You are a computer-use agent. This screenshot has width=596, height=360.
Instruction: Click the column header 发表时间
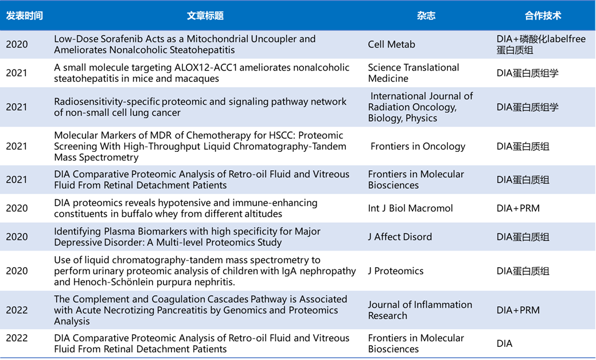24,15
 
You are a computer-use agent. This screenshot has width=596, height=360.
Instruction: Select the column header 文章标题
205,15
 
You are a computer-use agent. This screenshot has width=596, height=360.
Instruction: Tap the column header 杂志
426,15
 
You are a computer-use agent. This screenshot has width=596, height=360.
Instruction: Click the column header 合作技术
543,15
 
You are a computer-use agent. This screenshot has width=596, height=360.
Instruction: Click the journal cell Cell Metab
391,45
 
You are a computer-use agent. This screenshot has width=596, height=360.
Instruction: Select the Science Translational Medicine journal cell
413,73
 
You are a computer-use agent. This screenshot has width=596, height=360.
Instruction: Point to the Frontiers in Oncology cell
418,146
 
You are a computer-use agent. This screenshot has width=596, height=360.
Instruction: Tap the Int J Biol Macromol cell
410,208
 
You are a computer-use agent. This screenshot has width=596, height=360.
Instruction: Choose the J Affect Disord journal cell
400,237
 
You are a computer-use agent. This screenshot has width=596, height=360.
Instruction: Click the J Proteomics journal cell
396,271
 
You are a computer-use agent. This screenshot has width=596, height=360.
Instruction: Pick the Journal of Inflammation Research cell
420,310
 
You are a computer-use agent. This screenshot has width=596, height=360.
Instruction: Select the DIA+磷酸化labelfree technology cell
540,39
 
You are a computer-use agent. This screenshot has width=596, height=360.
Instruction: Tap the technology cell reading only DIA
504,344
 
